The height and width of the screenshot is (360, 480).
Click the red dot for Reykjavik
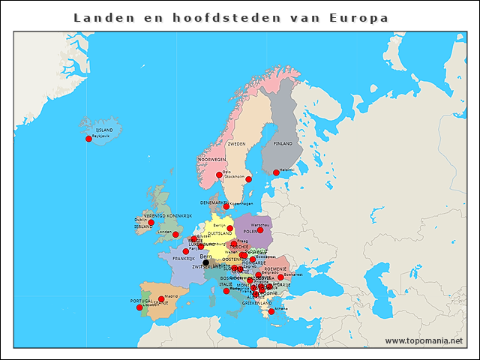click(88, 139)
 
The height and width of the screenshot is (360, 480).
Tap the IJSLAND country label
click(104, 130)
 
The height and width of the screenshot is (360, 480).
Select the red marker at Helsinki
click(276, 172)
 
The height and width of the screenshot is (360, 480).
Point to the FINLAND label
click(283, 143)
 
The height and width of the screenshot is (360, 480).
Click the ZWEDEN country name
click(236, 143)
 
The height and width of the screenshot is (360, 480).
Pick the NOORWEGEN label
click(211, 160)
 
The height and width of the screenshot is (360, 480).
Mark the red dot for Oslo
click(219, 175)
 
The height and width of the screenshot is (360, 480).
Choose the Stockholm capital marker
click(248, 179)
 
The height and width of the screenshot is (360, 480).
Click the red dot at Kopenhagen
click(226, 207)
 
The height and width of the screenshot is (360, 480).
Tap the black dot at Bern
click(205, 262)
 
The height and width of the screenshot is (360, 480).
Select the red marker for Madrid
click(161, 299)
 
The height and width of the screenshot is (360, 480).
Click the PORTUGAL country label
click(141, 301)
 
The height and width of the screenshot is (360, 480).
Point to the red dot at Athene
click(271, 311)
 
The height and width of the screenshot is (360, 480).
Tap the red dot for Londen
click(175, 235)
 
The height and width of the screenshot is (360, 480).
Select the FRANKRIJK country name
click(184, 259)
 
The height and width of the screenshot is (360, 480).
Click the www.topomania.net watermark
click(424, 340)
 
